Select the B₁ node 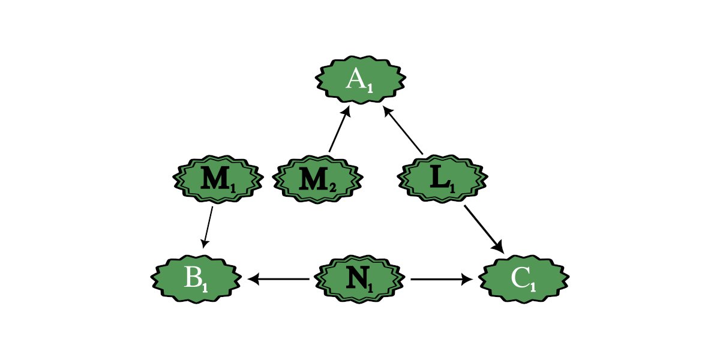pos(196,279)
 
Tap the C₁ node pos(524,279)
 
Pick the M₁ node pos(217,179)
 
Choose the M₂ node pos(317,179)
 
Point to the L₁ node pos(443,179)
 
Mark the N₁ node pos(360,279)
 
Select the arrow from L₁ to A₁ pos(404,130)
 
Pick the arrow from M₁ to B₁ pos(208,227)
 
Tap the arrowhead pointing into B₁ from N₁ pos(253,279)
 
